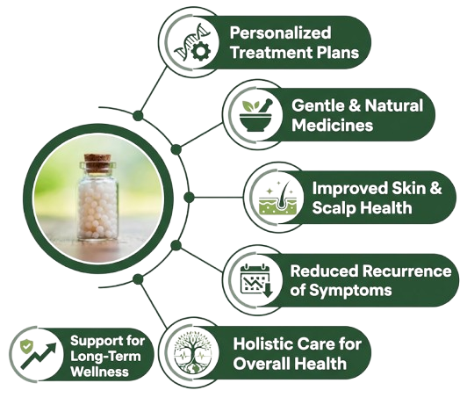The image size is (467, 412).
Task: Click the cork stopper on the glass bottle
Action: pyautogui.click(x=97, y=163)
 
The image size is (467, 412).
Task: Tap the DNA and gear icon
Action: pyautogui.click(x=193, y=42)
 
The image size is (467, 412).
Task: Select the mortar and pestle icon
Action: pyautogui.click(x=256, y=115)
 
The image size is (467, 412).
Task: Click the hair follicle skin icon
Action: pyautogui.click(x=277, y=198)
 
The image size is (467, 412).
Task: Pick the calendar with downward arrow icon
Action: pyautogui.click(x=256, y=280)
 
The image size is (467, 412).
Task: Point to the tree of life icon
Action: pyautogui.click(x=193, y=352)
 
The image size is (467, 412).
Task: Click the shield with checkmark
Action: pyautogui.click(x=26, y=346)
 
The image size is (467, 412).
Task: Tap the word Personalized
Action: pyautogui.click(x=280, y=33)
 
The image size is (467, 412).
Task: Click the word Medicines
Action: pyautogui.click(x=332, y=126)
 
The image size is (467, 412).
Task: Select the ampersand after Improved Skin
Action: pyautogui.click(x=435, y=188)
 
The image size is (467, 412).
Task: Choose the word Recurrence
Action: pyautogui.click(x=407, y=271)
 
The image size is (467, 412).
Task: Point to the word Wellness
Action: pyautogui.click(x=100, y=372)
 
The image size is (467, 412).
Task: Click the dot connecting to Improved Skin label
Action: pyautogui.click(x=189, y=198)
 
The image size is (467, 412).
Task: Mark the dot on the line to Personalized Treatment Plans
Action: pyautogui.click(x=138, y=116)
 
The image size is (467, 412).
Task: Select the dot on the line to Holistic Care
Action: pyautogui.click(x=138, y=279)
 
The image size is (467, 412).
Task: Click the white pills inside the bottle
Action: pyautogui.click(x=97, y=209)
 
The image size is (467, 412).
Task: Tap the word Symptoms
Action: pyautogui.click(x=350, y=291)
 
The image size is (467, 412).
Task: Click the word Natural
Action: pyautogui.click(x=394, y=105)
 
